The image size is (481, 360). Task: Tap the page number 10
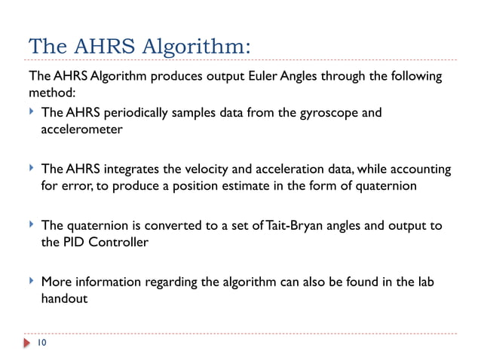pos(41,343)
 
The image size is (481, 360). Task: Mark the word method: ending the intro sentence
pos(49,94)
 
